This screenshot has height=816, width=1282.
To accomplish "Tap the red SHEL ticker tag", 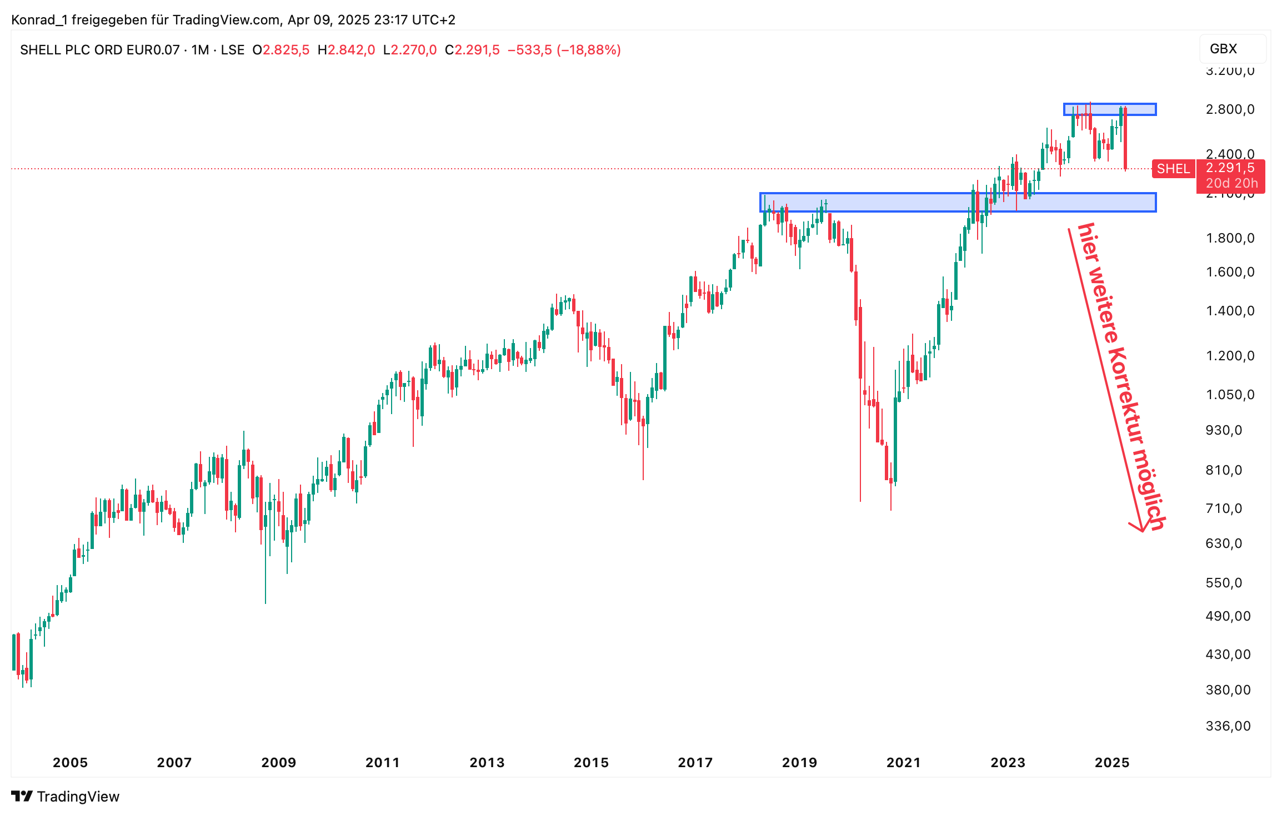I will [x=1173, y=169].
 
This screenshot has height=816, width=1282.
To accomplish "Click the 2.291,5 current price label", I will [x=1230, y=168].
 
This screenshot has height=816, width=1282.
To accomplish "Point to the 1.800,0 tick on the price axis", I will [x=1230, y=238].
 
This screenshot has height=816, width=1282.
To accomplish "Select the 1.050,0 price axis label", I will [x=1230, y=395].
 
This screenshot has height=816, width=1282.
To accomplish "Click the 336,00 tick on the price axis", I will [x=1228, y=726].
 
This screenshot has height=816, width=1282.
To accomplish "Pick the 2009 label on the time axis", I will [x=278, y=763].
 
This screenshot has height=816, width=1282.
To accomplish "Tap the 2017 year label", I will [x=695, y=763].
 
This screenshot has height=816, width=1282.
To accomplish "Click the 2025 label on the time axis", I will [x=1111, y=763].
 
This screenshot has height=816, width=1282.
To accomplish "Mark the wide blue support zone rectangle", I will [x=958, y=203].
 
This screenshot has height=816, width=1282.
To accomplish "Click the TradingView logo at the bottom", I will [x=66, y=797].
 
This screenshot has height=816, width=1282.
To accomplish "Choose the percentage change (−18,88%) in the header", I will [x=588, y=50].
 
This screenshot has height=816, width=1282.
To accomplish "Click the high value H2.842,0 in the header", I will [x=346, y=50].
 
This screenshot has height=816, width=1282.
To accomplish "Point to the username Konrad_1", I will [x=39, y=20].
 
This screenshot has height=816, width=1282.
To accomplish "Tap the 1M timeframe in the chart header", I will [x=200, y=50].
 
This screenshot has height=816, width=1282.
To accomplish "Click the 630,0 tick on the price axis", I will [x=1224, y=543].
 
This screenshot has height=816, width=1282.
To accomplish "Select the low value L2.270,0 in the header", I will [x=410, y=50].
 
